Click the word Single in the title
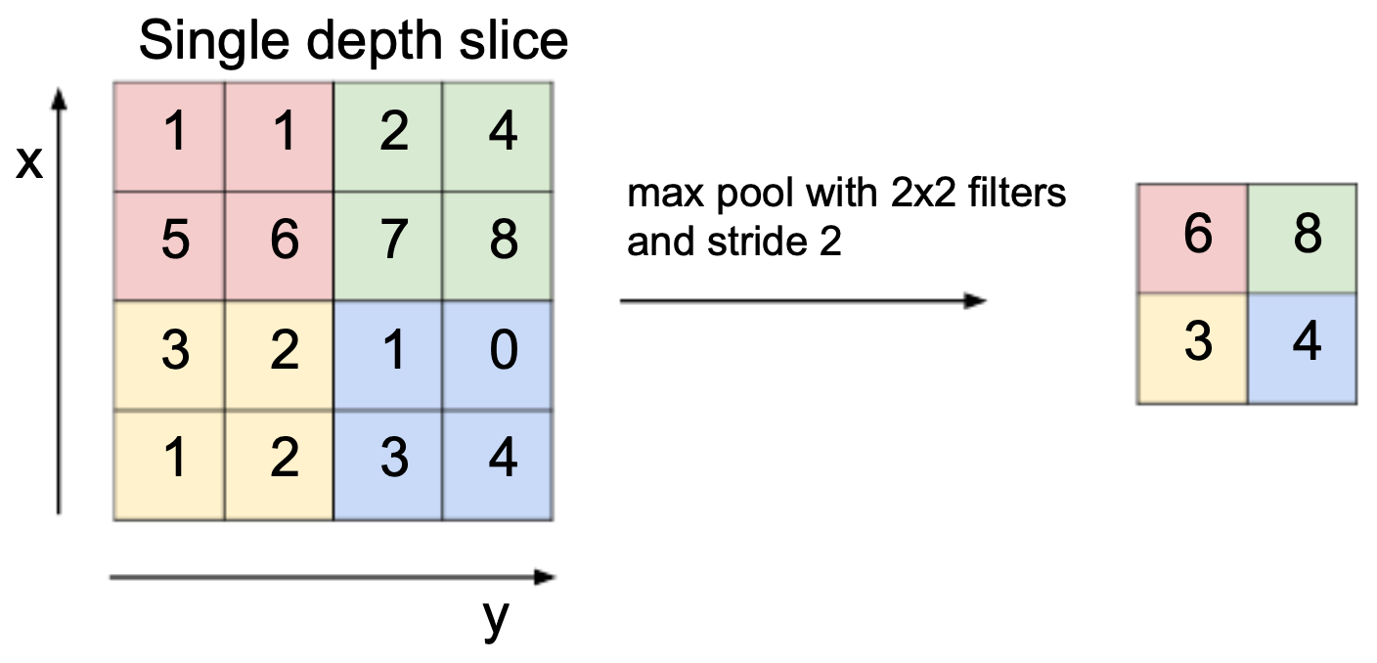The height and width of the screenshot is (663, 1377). pos(214,42)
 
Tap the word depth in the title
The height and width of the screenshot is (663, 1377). pos(375,42)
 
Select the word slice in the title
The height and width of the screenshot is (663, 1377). pos(513,40)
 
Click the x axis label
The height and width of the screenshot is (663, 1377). pos(29,163)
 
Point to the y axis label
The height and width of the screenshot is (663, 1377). pos(496,618)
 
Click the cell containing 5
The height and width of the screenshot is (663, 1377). pos(169,245)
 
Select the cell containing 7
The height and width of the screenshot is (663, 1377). pos(388,245)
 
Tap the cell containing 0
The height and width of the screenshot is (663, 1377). pos(498,355)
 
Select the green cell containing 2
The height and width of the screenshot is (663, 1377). pos(388,137)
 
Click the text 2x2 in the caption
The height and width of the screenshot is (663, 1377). pos(923,193)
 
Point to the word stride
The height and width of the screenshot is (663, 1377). pos(758,241)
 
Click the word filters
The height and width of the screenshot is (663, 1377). pos(1017,193)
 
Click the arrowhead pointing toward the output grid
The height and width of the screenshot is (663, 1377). pos(975,300)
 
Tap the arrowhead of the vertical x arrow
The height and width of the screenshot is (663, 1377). pos(59,100)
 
